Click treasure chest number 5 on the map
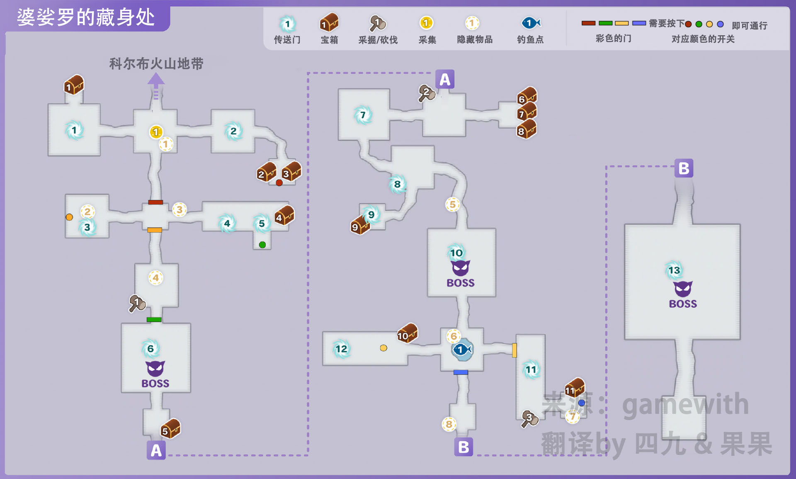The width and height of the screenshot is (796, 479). click(x=170, y=429)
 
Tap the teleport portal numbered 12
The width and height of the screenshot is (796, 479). click(x=341, y=349)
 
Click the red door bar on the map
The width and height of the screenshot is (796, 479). click(x=155, y=202)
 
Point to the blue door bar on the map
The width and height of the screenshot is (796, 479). click(x=461, y=372)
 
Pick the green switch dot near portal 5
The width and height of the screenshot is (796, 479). click(x=262, y=245)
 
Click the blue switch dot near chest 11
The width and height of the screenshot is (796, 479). click(x=582, y=403)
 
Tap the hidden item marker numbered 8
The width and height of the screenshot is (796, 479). click(x=449, y=424)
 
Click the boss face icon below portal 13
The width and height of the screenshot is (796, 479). click(x=683, y=289)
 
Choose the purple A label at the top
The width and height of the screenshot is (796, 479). click(x=445, y=79)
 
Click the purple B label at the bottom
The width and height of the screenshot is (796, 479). click(x=464, y=447)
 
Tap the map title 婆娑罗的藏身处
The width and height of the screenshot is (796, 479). click(x=86, y=17)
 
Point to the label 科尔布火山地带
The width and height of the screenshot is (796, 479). click(x=156, y=64)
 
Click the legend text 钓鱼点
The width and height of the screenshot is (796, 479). click(x=530, y=40)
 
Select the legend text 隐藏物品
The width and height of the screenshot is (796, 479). click(x=475, y=40)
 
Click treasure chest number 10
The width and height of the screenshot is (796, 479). click(x=407, y=333)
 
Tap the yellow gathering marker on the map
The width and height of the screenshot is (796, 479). click(x=155, y=132)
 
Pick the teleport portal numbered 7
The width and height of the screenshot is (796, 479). click(x=363, y=115)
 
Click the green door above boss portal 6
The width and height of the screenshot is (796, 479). click(x=154, y=319)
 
